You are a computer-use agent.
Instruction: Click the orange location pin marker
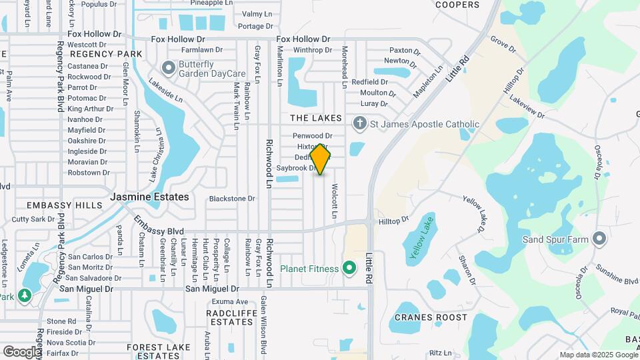(x=321, y=159)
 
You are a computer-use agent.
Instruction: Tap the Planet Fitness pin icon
(x=349, y=269)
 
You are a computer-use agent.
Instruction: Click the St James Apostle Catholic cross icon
(x=359, y=123)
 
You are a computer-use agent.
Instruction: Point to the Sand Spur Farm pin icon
(x=599, y=239)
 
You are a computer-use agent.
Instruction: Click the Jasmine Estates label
(x=149, y=197)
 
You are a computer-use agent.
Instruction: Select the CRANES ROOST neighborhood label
(x=431, y=317)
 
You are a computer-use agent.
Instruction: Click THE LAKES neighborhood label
(x=315, y=118)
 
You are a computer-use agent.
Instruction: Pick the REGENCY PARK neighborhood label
(x=106, y=54)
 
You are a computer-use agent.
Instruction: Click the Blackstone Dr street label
(x=232, y=198)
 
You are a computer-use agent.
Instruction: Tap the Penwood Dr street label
(x=313, y=135)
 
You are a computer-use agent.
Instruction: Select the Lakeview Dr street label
(x=527, y=107)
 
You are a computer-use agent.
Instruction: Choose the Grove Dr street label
(x=503, y=43)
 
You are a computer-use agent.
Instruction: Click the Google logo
(x=22, y=351)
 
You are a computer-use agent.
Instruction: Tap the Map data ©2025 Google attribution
(x=598, y=355)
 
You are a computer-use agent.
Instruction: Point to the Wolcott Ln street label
(x=334, y=201)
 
